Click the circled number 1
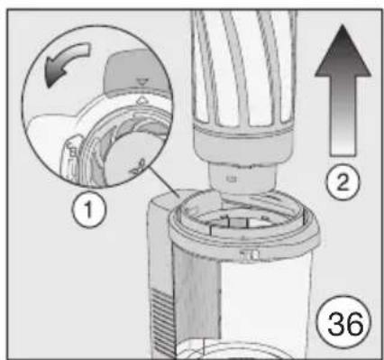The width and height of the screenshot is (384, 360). [89, 210]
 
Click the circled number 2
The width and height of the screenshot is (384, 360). [343, 182]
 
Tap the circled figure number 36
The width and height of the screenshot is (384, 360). [344, 323]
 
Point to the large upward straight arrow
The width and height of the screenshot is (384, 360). [343, 90]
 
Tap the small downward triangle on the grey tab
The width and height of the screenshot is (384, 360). [141, 80]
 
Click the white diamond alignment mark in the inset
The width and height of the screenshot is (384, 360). [142, 101]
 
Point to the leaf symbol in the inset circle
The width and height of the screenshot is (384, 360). [138, 169]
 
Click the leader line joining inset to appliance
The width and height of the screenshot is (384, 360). [165, 182]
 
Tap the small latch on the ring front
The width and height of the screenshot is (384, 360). [250, 254]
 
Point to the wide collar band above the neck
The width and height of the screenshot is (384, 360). [243, 144]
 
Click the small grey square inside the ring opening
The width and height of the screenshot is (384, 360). [238, 222]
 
